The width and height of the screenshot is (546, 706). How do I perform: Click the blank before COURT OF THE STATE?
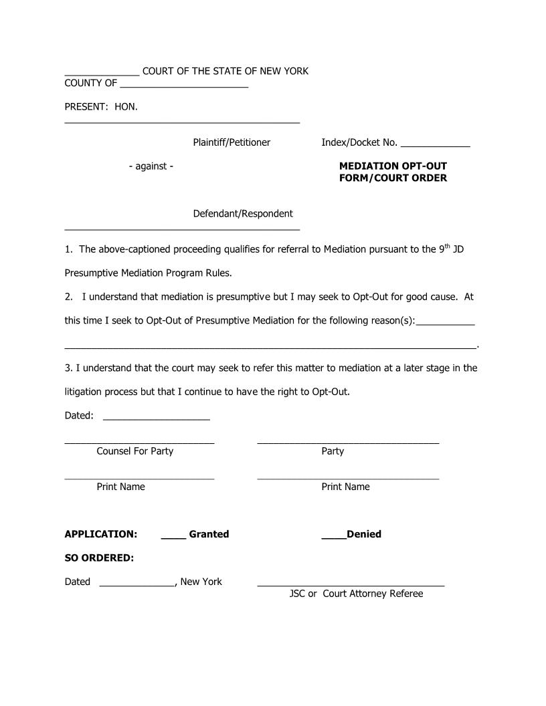coord(102,72)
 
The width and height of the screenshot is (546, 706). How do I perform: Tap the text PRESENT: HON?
coord(101,106)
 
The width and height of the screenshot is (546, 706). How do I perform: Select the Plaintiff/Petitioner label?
coord(232,142)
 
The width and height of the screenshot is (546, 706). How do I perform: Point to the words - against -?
coord(151,166)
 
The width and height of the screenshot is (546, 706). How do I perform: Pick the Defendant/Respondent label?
coord(243,214)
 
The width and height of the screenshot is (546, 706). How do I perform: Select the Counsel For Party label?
coord(135,451)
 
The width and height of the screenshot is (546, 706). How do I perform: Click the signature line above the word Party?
coord(348,442)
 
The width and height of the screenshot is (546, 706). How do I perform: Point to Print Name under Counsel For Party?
coord(121,487)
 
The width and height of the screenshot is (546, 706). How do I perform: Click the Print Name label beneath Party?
coord(345,487)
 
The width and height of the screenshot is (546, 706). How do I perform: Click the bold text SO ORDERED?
coord(99,558)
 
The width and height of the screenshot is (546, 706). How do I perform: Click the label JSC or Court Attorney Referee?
coord(356,594)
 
